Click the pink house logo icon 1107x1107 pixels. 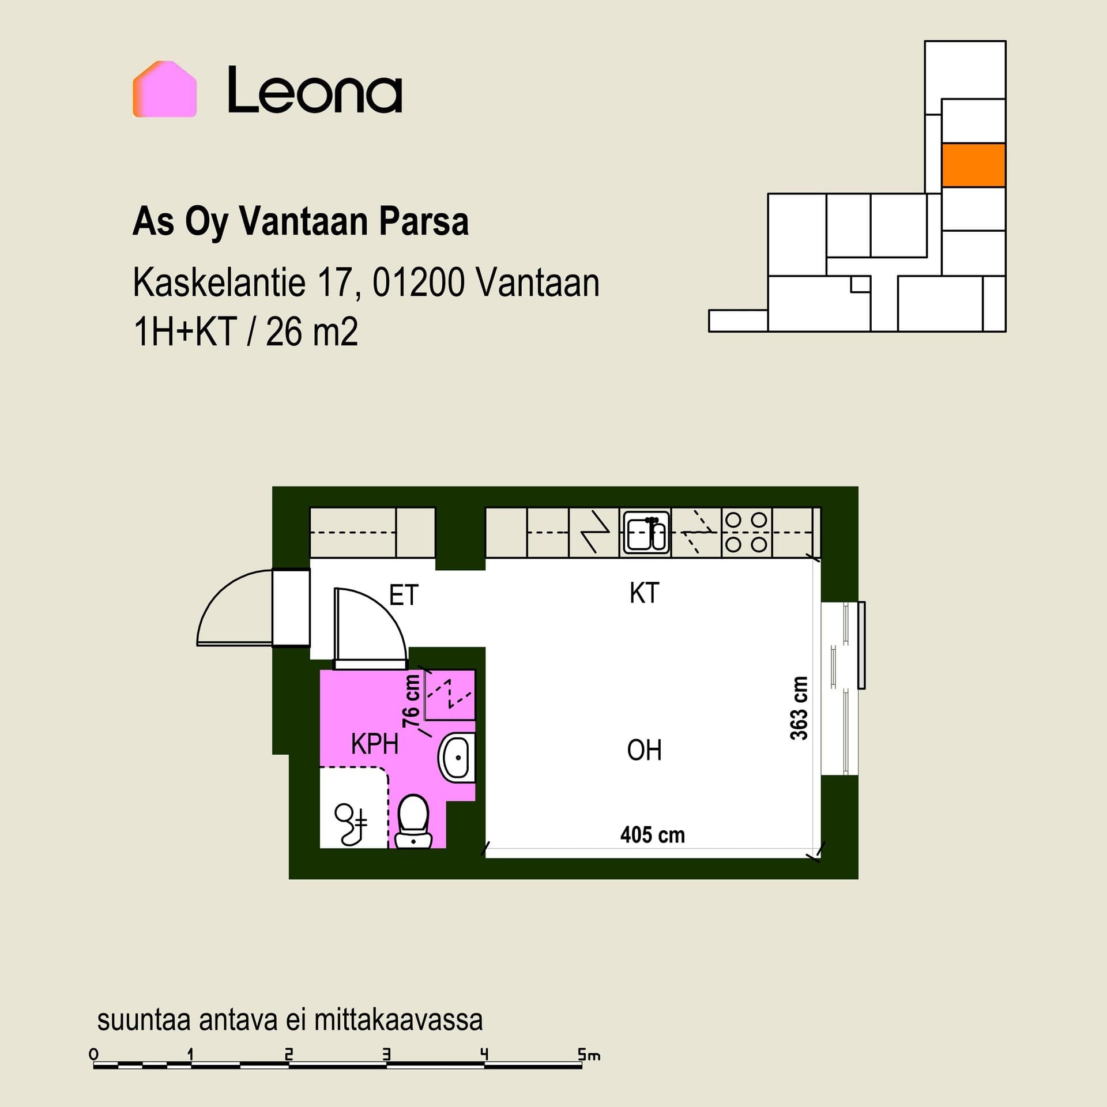(165, 89)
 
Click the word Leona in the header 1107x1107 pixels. (315, 91)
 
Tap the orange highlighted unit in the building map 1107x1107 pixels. (974, 165)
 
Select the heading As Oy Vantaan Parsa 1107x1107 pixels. (300, 221)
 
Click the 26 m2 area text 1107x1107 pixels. (312, 332)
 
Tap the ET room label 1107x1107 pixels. (404, 595)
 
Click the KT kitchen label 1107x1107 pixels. (644, 593)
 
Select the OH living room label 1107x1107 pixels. (644, 751)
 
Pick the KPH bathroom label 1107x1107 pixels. (375, 744)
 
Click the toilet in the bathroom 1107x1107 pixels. (413, 822)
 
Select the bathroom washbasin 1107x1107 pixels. (457, 758)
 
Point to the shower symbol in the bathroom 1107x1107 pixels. (351, 822)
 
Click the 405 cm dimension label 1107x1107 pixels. (653, 835)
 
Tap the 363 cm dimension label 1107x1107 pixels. (799, 708)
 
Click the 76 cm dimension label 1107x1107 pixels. (411, 701)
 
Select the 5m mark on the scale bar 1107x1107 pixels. (589, 1055)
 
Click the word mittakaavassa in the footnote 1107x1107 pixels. (398, 1020)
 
